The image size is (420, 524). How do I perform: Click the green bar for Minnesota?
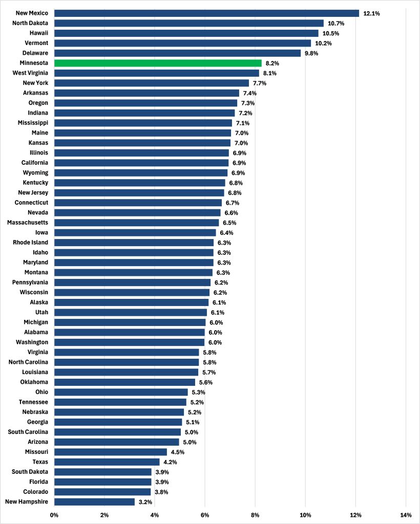(x=158, y=63)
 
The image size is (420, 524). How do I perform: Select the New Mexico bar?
(x=206, y=13)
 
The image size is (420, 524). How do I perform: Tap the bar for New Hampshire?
(x=94, y=502)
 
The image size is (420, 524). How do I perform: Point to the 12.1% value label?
(x=371, y=13)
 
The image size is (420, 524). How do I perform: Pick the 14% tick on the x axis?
(x=406, y=515)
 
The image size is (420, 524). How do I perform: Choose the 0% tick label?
(x=54, y=515)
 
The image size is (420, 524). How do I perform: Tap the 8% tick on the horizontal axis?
(x=255, y=515)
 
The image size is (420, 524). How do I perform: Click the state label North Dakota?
(x=31, y=24)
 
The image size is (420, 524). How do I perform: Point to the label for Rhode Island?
(x=31, y=243)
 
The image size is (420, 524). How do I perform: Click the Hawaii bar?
(x=186, y=33)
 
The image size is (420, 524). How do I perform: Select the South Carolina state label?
(x=28, y=432)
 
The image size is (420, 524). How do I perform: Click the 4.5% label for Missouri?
(x=177, y=452)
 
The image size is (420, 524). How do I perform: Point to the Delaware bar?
(x=177, y=53)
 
